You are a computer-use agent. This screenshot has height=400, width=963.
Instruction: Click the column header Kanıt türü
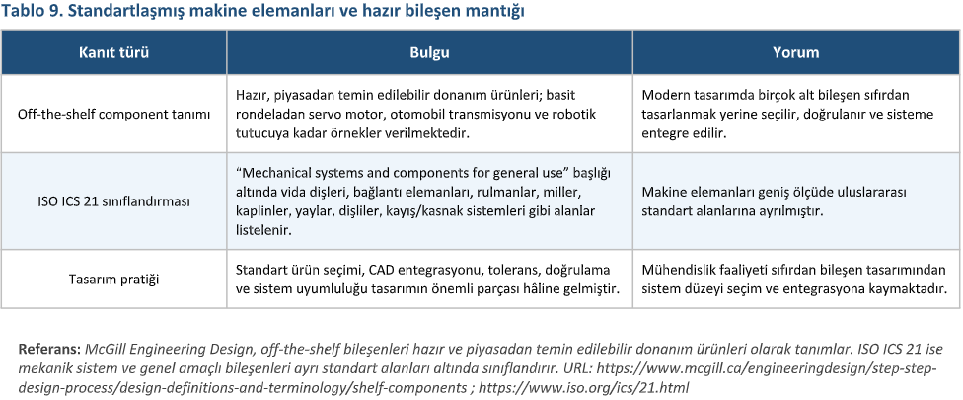113,51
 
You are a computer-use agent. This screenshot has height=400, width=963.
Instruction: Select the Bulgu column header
430,51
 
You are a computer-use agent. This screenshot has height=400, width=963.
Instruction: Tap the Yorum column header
794,51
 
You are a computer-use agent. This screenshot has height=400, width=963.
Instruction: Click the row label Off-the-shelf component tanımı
113,115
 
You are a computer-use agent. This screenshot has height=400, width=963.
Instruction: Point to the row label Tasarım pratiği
113,280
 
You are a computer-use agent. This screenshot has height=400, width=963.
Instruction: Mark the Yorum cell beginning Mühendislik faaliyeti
794,280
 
